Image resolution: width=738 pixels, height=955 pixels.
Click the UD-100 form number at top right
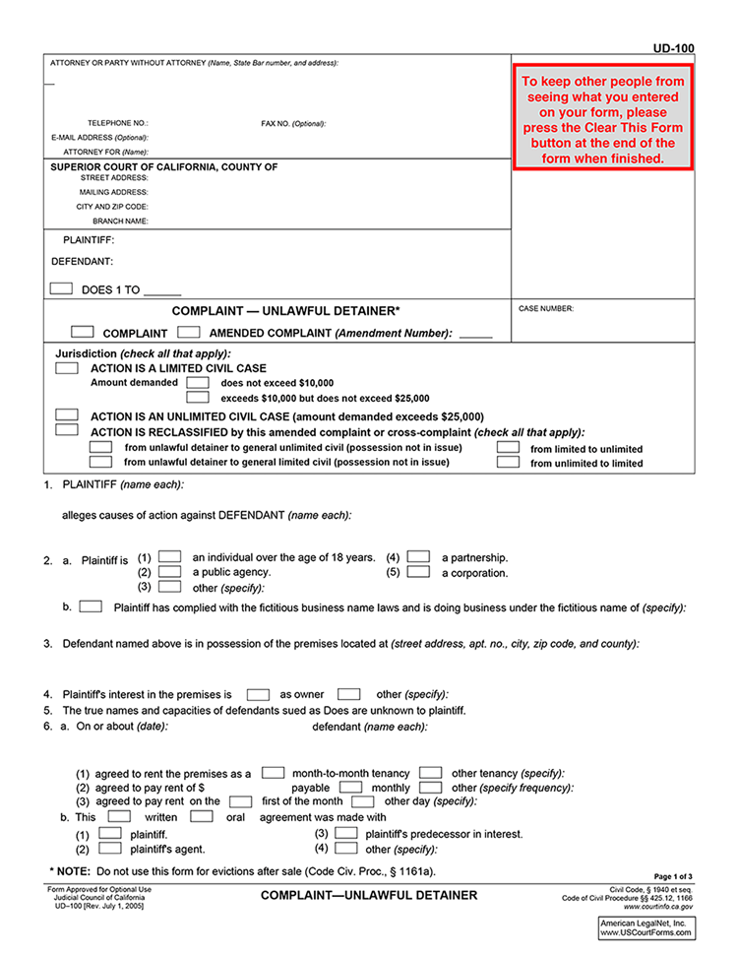click(673, 47)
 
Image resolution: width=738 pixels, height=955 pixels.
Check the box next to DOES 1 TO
click(61, 288)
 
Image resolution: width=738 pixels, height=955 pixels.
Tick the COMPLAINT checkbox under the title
click(83, 332)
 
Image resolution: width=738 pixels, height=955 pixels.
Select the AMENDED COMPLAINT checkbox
click(190, 332)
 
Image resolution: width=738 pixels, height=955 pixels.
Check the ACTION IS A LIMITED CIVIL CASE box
click(67, 367)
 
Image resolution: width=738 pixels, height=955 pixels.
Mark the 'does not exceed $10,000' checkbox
click(198, 382)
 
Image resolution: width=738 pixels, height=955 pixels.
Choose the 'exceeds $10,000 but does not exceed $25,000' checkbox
click(198, 398)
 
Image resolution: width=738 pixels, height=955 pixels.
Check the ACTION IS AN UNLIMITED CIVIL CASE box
click(67, 415)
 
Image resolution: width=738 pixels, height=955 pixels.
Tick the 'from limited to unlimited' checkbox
click(508, 447)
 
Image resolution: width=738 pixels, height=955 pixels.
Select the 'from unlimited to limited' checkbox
click(508, 462)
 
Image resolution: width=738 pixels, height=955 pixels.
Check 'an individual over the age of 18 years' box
click(170, 556)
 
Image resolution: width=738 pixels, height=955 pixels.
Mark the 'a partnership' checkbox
click(418, 556)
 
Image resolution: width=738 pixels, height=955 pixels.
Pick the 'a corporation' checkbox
click(418, 571)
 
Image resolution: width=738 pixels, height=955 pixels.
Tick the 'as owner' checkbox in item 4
click(258, 693)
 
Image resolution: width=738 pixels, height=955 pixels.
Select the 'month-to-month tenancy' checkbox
click(274, 773)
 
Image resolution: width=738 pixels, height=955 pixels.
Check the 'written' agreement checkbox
click(119, 815)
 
